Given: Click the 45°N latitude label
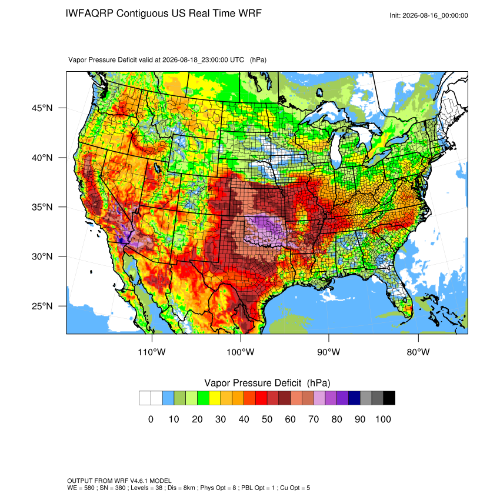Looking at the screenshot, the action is point(42,108).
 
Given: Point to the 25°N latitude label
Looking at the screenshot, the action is point(42,306).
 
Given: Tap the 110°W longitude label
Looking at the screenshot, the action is point(152,352).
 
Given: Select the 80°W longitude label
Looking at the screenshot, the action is point(418,352).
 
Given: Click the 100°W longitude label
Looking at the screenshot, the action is point(241,352).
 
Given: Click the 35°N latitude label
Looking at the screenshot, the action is point(42,207).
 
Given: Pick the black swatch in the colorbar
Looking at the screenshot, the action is point(389,398).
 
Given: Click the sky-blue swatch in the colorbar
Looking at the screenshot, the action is point(168,398).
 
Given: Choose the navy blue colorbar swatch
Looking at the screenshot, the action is point(354,398).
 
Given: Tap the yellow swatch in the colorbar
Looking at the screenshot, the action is point(215,398).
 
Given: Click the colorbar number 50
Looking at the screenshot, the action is point(267,419).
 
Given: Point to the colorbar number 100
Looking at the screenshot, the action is point(384,419).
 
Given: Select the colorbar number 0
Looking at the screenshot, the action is point(151,419).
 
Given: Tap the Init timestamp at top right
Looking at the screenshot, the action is point(429,15).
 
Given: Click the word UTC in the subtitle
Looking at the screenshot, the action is point(236,60).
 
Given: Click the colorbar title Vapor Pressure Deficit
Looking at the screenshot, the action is point(253,383).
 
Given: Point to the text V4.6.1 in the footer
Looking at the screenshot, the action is point(139,481).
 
